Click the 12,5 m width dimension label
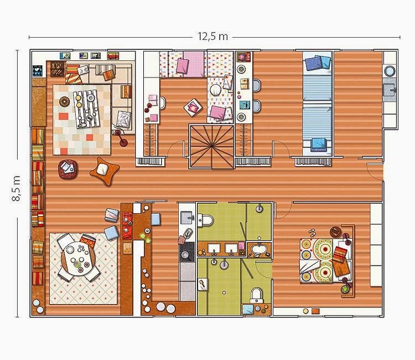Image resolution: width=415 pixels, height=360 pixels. click(213, 37)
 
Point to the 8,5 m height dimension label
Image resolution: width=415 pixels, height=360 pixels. click(16, 188)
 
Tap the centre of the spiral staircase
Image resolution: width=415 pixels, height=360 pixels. click(211, 146)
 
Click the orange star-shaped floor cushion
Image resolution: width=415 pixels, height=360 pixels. click(104, 171)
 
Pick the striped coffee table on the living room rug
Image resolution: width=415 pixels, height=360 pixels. click(85, 109)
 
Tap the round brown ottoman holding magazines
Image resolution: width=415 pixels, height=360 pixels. click(68, 169)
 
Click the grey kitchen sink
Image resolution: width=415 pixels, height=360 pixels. click(187, 218)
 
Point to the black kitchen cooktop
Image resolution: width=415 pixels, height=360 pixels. click(186, 251)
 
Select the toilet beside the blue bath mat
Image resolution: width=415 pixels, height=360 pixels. click(256, 295)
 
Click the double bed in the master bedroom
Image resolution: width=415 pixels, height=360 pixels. click(326, 260)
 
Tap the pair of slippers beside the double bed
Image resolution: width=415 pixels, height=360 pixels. click(312, 232)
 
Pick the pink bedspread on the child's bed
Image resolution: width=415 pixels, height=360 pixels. click(194, 64)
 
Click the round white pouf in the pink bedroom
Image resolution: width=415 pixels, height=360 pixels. click(216, 90)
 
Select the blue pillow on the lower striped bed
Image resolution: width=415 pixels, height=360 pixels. click(318, 144)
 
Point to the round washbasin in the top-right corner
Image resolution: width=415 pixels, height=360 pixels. click(390, 71)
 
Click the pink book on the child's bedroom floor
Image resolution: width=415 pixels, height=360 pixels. click(193, 107)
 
